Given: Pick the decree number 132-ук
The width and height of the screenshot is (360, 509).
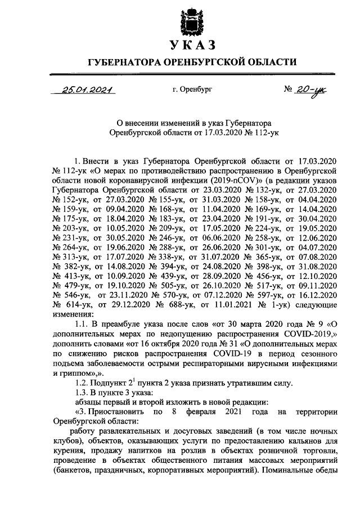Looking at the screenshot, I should (x=259, y=190).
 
